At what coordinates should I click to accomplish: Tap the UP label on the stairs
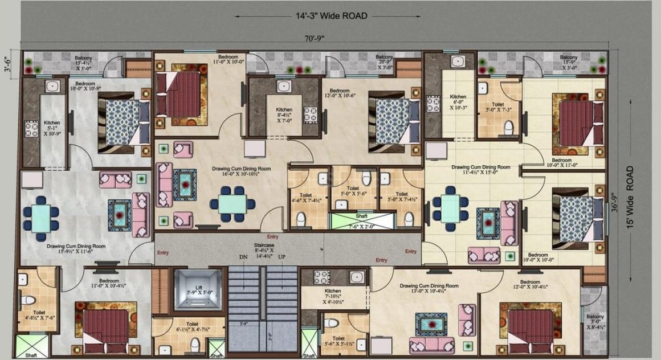pyautogui.click(x=281, y=257)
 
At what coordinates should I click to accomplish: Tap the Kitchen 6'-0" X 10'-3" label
pyautogui.click(x=458, y=102)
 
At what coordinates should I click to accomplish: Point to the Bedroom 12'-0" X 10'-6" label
pyautogui.click(x=340, y=93)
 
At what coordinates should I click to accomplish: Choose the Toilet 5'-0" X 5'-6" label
pyautogui.click(x=353, y=191)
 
